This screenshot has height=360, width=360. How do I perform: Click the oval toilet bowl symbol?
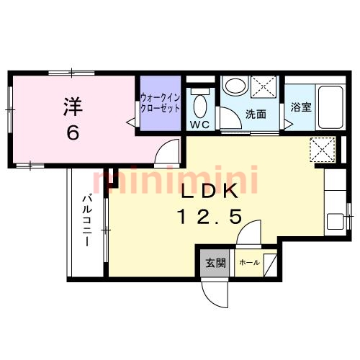tap(199, 107)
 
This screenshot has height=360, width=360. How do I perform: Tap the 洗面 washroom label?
tap(256, 114)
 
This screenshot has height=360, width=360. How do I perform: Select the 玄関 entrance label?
tap(210, 262)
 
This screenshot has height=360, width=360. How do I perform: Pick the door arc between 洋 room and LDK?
tap(168, 153)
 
